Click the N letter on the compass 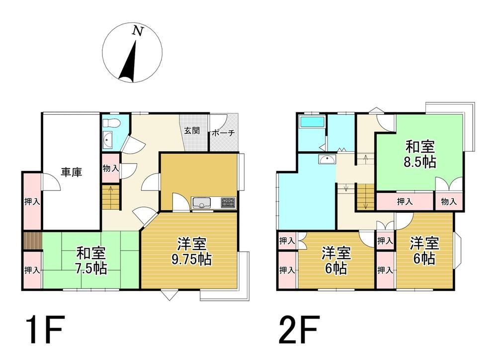pos(138,31)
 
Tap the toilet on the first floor pos(111,122)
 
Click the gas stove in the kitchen pos(228,202)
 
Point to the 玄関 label pos(192,130)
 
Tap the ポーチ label pos(223,133)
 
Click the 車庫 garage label pos(72,172)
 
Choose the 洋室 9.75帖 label pos(192,252)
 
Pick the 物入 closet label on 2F pos(448,201)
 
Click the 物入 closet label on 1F pos(111,168)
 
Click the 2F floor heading pos(298,330)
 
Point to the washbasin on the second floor pos(328,159)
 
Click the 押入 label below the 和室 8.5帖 pos(405,201)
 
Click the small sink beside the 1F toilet pos(108,140)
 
